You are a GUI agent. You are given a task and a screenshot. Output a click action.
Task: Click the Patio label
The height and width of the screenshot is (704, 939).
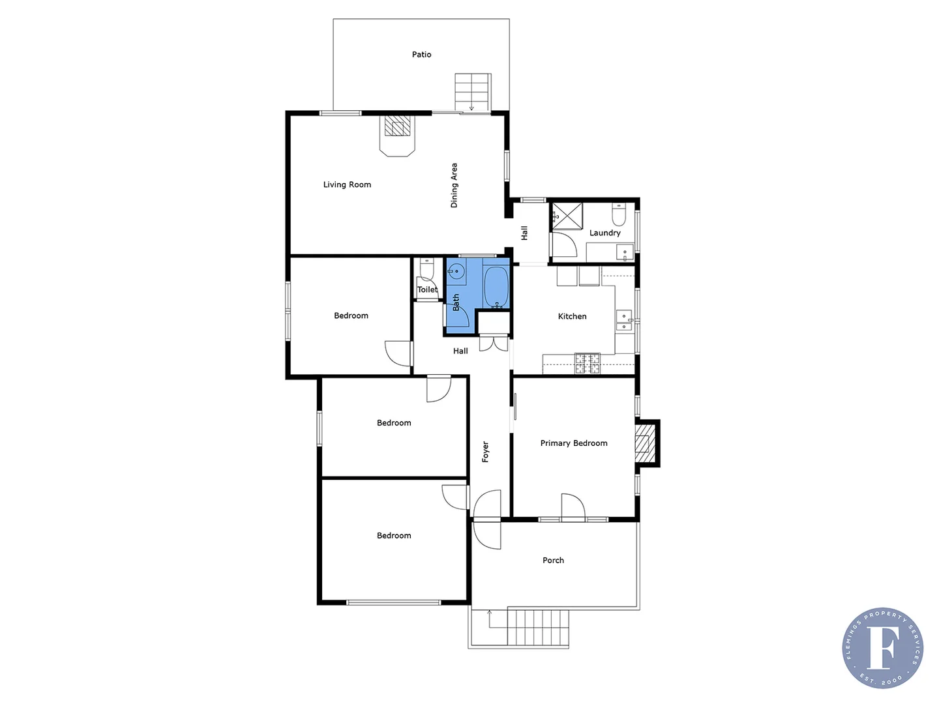click(x=421, y=55)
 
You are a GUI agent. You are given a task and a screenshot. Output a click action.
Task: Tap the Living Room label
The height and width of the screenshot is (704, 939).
click(x=347, y=184)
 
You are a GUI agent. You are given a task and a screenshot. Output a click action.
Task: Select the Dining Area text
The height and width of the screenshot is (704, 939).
click(x=455, y=185)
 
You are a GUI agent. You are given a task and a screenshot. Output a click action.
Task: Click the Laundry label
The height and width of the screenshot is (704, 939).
click(x=604, y=233)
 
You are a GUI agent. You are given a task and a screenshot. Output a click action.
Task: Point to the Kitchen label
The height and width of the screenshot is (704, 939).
click(x=572, y=316)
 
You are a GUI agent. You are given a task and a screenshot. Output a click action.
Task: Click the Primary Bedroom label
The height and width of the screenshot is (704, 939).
click(x=574, y=443)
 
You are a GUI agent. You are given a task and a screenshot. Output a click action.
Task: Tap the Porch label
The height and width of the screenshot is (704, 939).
click(x=553, y=560)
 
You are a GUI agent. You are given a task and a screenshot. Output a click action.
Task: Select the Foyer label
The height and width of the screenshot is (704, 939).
click(x=485, y=452)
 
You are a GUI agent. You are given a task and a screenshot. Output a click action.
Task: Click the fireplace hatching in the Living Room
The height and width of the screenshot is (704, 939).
click(x=397, y=126)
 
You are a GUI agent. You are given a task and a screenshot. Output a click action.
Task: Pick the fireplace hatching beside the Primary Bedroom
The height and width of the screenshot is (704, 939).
click(x=644, y=443)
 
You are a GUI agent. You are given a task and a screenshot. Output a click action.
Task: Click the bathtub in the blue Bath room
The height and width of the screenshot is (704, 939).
click(x=496, y=286)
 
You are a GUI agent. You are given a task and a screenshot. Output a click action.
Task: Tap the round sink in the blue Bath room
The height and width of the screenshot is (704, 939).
click(x=456, y=271)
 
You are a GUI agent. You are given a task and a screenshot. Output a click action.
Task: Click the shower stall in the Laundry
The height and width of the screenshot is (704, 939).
click(x=567, y=216)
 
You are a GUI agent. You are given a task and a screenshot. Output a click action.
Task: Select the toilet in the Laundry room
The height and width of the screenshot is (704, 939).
click(x=619, y=214)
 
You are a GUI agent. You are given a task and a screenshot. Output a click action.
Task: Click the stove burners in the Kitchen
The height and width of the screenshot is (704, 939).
click(x=587, y=363)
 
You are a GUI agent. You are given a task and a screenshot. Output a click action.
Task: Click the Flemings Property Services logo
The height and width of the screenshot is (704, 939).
click(x=882, y=647)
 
